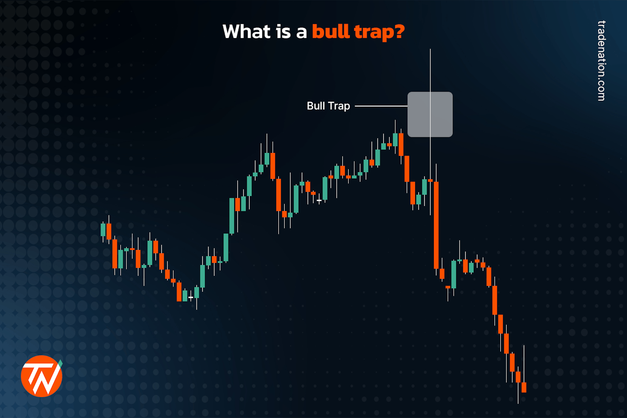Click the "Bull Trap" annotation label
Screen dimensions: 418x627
(x=328, y=106)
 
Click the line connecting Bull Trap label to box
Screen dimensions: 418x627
(x=381, y=106)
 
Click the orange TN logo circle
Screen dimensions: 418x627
(x=41, y=376)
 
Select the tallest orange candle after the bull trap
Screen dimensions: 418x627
(x=436, y=225)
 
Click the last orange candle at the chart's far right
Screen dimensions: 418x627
(x=524, y=387)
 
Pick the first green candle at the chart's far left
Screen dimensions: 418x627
(x=103, y=230)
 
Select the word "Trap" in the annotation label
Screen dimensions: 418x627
(x=339, y=106)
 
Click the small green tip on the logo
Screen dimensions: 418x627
(x=60, y=363)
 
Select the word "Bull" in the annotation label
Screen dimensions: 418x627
(x=316, y=106)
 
